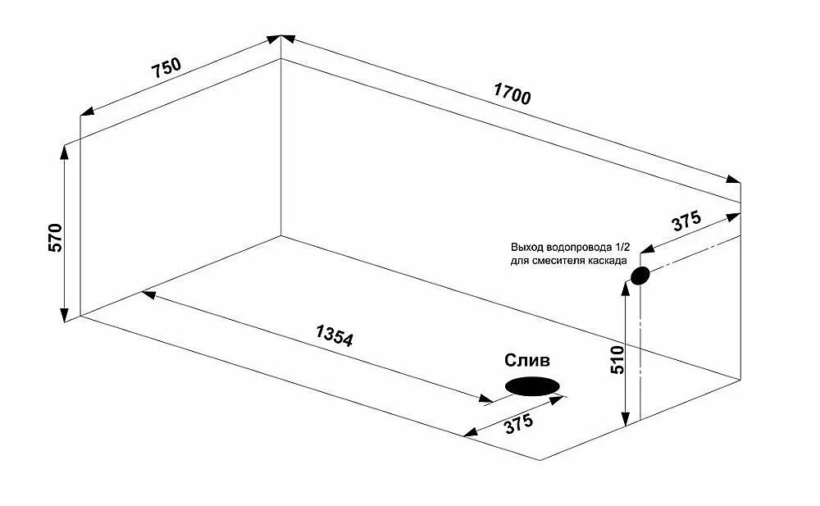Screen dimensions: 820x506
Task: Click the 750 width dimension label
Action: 166,67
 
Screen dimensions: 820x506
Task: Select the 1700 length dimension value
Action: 512,93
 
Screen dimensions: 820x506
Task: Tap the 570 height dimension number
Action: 55,238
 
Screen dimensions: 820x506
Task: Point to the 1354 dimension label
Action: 335,335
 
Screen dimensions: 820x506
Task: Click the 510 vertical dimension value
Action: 617,359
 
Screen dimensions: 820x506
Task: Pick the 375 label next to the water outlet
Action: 686,221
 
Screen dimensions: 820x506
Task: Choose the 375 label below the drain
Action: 518,423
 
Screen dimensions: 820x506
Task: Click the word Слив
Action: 527,360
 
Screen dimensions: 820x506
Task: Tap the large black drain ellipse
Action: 532,387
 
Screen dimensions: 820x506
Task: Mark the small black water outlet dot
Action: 640,276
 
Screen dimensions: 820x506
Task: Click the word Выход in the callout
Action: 527,247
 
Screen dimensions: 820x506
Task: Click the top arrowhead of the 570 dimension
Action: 64,151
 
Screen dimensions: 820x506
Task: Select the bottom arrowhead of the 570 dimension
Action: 64,315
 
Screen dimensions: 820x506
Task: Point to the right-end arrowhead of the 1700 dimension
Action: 733,180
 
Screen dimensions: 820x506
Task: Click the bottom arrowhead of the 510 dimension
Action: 625,419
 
